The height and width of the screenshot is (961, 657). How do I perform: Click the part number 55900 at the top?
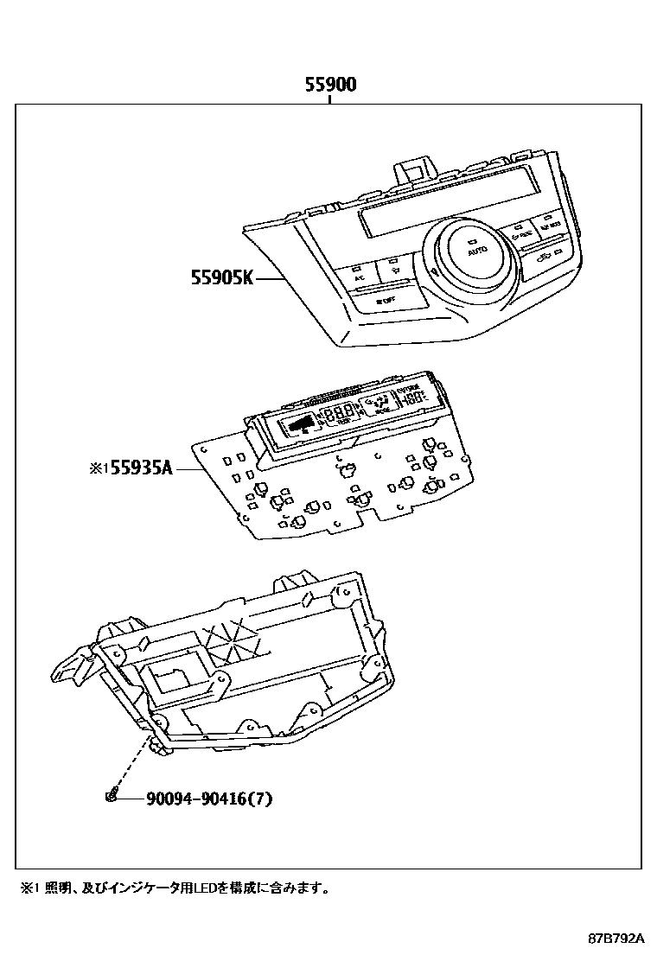tap(329, 85)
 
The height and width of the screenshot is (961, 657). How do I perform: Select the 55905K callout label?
tap(222, 278)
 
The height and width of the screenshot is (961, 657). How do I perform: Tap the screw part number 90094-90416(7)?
tap(197, 799)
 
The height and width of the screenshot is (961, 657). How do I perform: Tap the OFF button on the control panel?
tap(386, 302)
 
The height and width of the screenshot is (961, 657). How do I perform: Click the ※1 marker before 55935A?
tap(96, 469)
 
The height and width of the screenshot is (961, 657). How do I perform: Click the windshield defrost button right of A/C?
tap(394, 270)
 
